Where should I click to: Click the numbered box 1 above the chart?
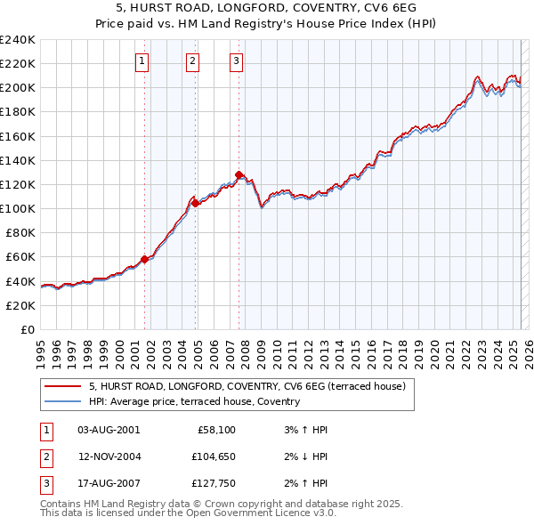click(x=142, y=61)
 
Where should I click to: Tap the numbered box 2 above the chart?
click(x=192, y=61)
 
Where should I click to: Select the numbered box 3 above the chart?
click(x=236, y=61)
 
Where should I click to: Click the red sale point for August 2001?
click(x=144, y=259)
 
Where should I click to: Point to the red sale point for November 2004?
click(x=196, y=203)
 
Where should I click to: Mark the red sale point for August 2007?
click(x=239, y=174)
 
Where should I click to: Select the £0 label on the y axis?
click(x=27, y=329)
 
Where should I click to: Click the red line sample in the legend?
click(x=62, y=386)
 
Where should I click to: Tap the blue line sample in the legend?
click(x=62, y=401)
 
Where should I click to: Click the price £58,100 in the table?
click(x=215, y=430)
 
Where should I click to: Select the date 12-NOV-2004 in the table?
click(x=109, y=456)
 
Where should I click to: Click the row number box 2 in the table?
click(x=44, y=456)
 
